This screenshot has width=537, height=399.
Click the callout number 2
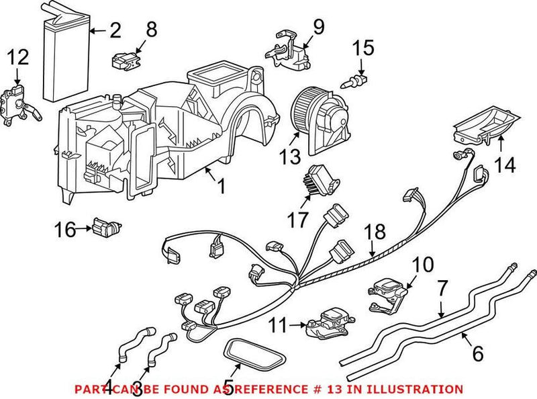point(115,30)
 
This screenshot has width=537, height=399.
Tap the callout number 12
point(18,58)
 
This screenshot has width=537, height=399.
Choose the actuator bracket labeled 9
point(289,51)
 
